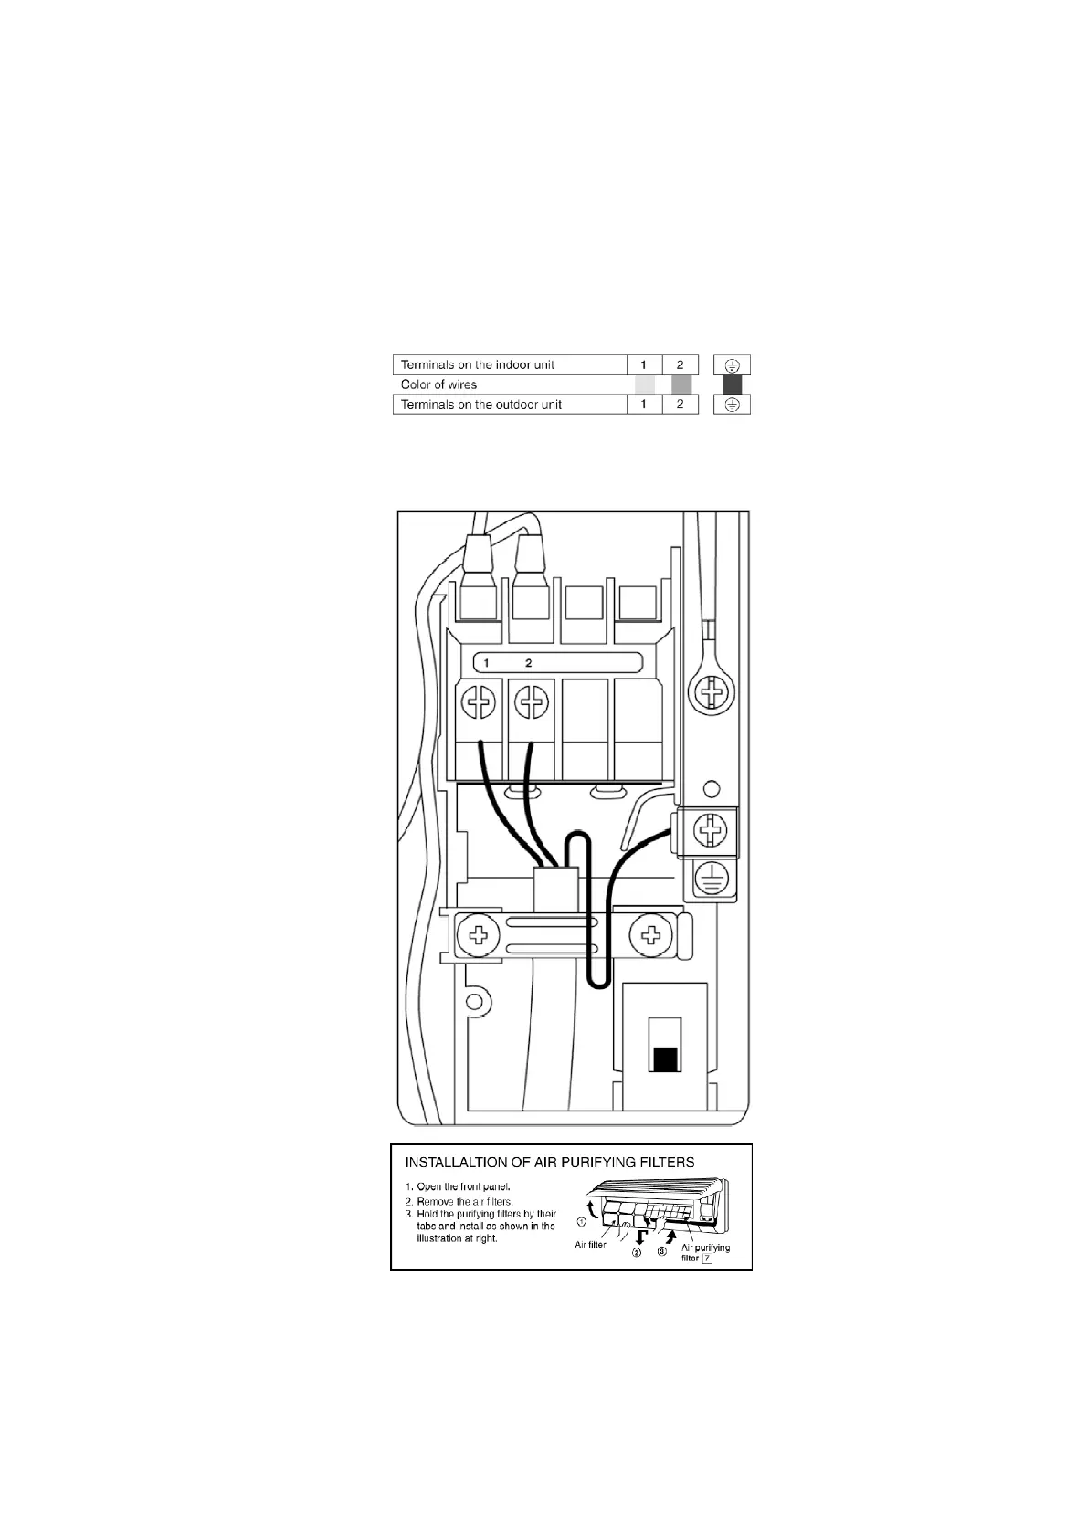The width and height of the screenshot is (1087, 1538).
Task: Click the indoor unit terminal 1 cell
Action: click(644, 364)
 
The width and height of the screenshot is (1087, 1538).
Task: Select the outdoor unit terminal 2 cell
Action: click(680, 405)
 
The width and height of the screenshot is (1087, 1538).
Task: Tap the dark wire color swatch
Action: click(732, 384)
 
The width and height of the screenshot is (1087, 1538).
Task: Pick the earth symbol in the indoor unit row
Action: click(732, 364)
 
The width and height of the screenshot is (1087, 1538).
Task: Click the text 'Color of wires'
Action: click(438, 384)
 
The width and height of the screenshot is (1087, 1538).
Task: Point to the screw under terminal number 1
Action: click(479, 703)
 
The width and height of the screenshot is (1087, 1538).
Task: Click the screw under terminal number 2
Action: click(531, 703)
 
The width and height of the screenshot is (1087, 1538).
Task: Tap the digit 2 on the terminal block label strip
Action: click(529, 662)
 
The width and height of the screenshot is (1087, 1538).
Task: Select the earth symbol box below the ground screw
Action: click(712, 879)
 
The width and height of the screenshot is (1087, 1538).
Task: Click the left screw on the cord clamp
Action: click(478, 934)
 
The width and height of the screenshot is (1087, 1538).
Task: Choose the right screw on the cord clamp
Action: click(651, 934)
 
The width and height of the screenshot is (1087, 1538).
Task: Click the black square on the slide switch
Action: click(665, 1059)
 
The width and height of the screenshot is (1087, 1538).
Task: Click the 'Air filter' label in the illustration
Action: click(590, 1245)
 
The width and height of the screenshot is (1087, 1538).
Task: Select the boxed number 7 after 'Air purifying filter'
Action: click(707, 1259)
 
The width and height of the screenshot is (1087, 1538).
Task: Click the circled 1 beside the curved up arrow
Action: click(581, 1221)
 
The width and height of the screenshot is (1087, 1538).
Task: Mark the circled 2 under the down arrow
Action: click(637, 1253)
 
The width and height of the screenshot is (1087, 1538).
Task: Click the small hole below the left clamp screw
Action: click(473, 1003)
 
